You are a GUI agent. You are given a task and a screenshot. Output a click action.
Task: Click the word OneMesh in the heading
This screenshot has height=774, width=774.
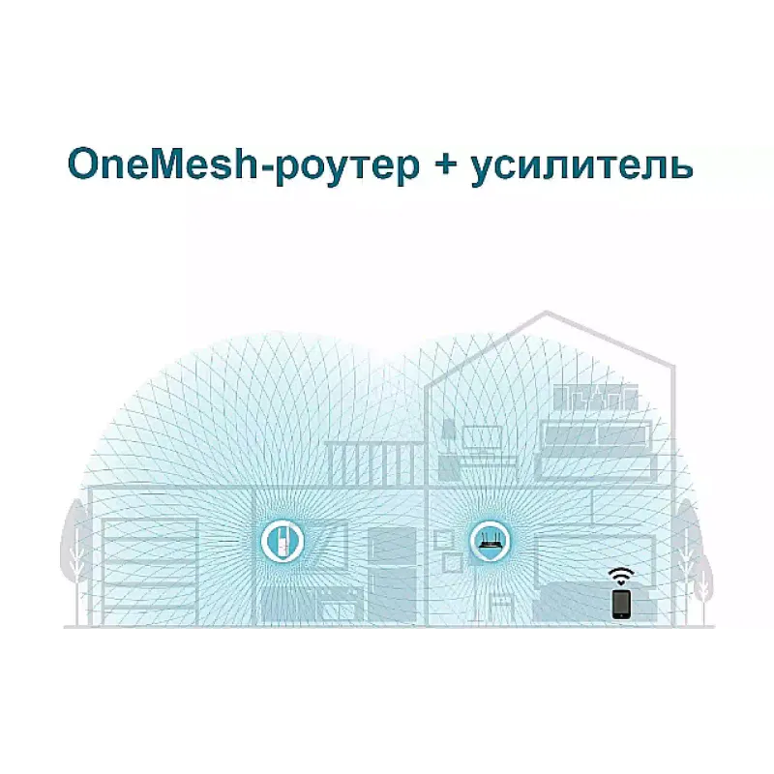click(x=163, y=164)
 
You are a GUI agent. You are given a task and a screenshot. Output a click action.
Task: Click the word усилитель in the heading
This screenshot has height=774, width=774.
click(x=582, y=167)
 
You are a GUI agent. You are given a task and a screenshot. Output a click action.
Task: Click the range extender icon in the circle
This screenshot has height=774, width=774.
click(x=281, y=542)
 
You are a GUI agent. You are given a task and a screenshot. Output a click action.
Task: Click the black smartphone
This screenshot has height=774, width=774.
click(x=621, y=604)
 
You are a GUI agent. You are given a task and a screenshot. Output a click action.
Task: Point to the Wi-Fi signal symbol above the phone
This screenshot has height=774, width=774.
click(x=621, y=576)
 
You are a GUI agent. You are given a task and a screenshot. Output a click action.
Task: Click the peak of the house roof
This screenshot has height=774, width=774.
click(x=546, y=312)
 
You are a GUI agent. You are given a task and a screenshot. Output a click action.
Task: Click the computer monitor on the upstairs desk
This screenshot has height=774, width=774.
click(x=482, y=439)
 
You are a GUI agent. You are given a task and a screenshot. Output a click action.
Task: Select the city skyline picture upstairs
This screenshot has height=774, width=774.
click(x=596, y=398)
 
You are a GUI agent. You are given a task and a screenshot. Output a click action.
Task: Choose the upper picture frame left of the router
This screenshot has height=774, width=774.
click(x=444, y=539)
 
